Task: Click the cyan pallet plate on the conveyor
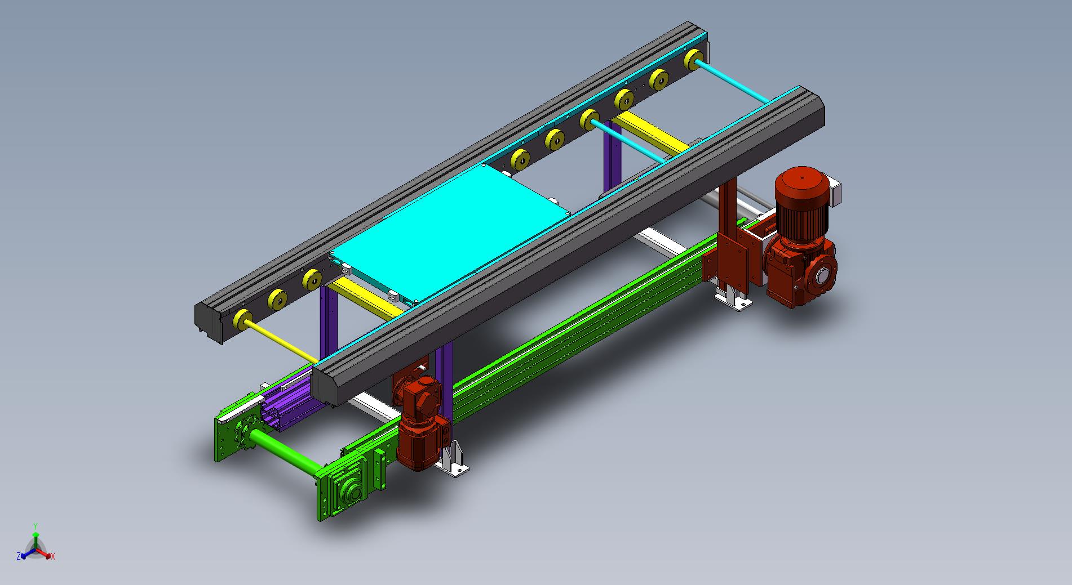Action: click(x=448, y=234)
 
